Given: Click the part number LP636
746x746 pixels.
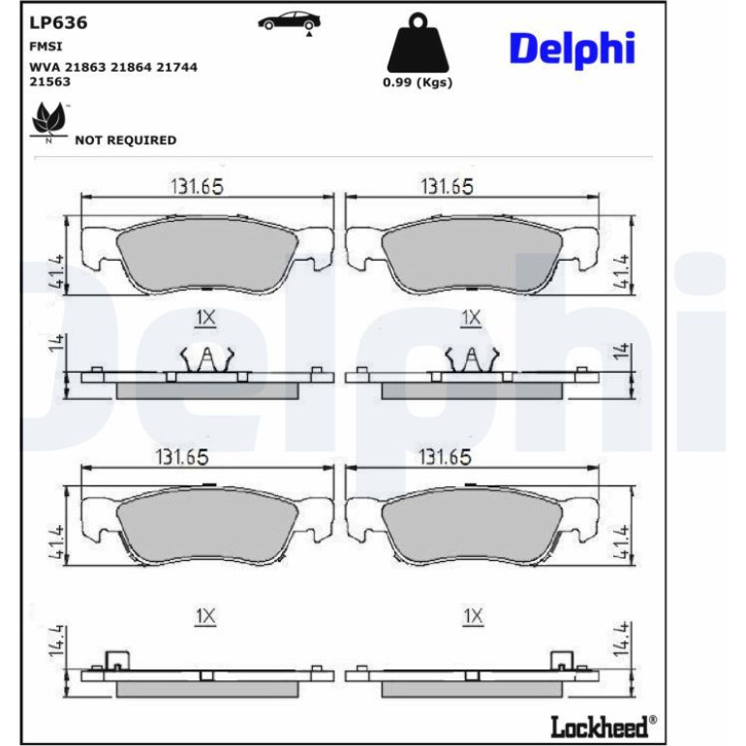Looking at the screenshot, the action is tap(58, 23).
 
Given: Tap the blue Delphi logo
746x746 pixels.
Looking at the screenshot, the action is tap(572, 49).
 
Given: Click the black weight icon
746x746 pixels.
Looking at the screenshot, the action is tap(418, 43).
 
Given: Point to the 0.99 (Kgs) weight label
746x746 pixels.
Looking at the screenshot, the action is tap(418, 82).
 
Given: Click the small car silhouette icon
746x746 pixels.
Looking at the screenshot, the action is tap(290, 21).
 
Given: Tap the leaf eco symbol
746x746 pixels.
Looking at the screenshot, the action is tap(48, 119).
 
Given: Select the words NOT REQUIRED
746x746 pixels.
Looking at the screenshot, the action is tap(126, 140).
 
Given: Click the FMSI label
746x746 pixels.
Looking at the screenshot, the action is tap(46, 47).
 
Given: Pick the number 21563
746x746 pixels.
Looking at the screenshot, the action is tap(50, 81).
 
